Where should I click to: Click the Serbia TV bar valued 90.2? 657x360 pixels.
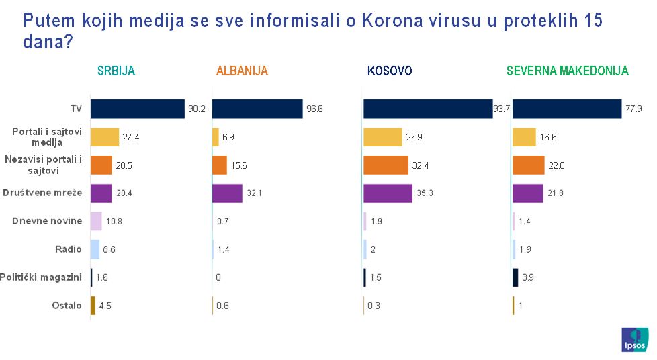tap(137, 109)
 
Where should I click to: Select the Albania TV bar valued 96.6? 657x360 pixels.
tap(257, 109)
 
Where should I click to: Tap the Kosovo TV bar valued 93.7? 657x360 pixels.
tap(427, 109)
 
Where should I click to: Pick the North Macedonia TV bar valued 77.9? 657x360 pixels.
tap(566, 109)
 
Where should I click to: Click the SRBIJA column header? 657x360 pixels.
tap(116, 71)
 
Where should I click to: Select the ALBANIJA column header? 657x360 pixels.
tap(242, 71)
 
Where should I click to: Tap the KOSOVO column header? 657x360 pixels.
tap(390, 71)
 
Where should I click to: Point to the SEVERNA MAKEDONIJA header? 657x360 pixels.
tap(567, 71)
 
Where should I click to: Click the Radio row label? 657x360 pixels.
tap(69, 249)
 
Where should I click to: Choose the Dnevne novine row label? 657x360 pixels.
tap(47, 221)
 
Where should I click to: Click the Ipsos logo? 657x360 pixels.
tap(635, 340)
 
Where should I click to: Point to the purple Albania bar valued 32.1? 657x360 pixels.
tap(227, 193)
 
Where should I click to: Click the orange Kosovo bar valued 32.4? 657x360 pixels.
tap(386, 165)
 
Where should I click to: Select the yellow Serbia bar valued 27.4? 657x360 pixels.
tap(105, 137)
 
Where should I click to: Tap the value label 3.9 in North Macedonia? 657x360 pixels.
tap(529, 277)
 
